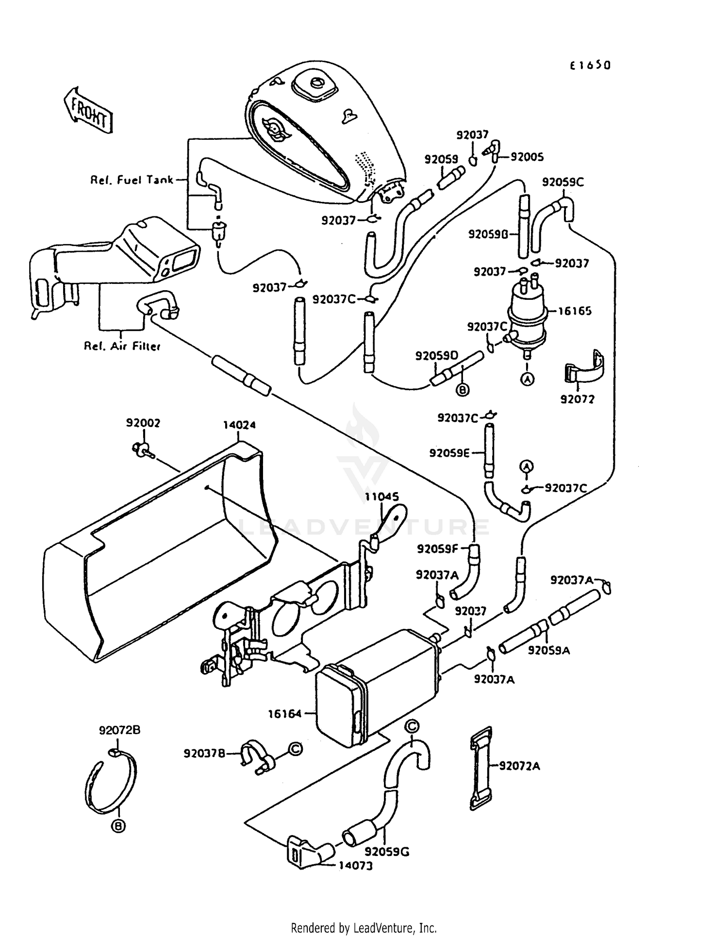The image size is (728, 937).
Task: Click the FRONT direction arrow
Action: pos(89,110)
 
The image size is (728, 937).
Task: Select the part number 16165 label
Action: pos(575,311)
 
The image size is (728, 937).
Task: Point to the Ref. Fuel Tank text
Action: pos(132,180)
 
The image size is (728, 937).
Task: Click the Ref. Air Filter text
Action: pos(122,346)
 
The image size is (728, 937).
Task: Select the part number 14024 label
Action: pos(239,425)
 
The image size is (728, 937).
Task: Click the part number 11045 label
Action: pos(382,496)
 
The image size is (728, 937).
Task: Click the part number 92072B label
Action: pos(120,730)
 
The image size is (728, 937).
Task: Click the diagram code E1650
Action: pos(590,65)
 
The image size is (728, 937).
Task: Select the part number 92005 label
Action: pos(527,157)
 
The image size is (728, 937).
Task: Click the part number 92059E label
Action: pos(450,453)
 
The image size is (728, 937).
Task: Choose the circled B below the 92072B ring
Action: pos(118,826)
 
